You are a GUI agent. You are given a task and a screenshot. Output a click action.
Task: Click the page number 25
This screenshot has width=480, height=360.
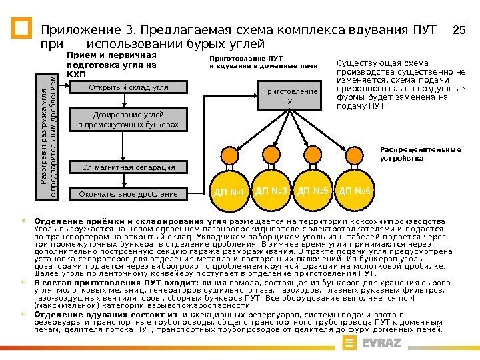pyautogui.click(x=458, y=30)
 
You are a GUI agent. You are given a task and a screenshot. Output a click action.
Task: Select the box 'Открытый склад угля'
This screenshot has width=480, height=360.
pyautogui.click(x=129, y=88)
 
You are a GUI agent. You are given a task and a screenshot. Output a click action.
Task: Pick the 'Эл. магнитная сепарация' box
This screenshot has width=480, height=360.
pyautogui.click(x=129, y=167)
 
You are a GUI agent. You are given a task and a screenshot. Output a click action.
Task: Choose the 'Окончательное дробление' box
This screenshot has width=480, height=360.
pyautogui.click(x=129, y=194)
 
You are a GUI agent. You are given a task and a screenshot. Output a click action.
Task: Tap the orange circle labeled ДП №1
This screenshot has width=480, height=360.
pyautogui.click(x=230, y=192)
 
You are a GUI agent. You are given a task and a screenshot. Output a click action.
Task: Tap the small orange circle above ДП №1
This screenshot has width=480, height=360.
pyautogui.click(x=229, y=156)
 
